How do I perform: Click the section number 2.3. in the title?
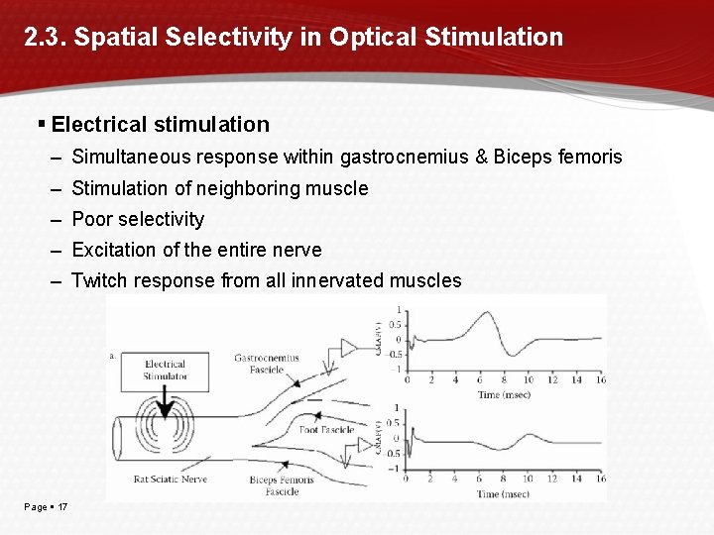(45, 38)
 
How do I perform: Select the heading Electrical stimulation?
(160, 125)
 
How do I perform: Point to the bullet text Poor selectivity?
(138, 219)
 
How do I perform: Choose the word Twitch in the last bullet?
(99, 280)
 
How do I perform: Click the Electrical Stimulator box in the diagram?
(165, 370)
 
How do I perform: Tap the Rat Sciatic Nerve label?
(172, 481)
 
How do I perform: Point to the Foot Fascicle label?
(326, 430)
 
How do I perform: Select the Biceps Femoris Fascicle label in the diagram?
(282, 485)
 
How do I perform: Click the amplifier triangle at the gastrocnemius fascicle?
(349, 347)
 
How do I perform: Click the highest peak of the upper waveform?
(487, 313)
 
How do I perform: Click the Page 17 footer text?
(47, 507)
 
